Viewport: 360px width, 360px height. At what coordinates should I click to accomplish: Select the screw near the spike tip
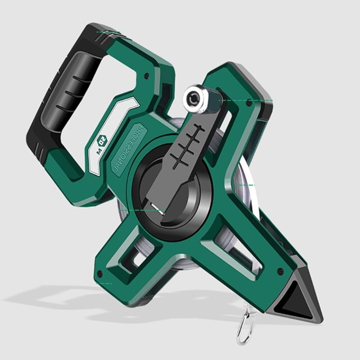280,271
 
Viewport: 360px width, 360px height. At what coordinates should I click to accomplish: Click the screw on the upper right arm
249,103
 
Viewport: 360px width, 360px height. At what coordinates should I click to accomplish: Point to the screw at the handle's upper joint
147,76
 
